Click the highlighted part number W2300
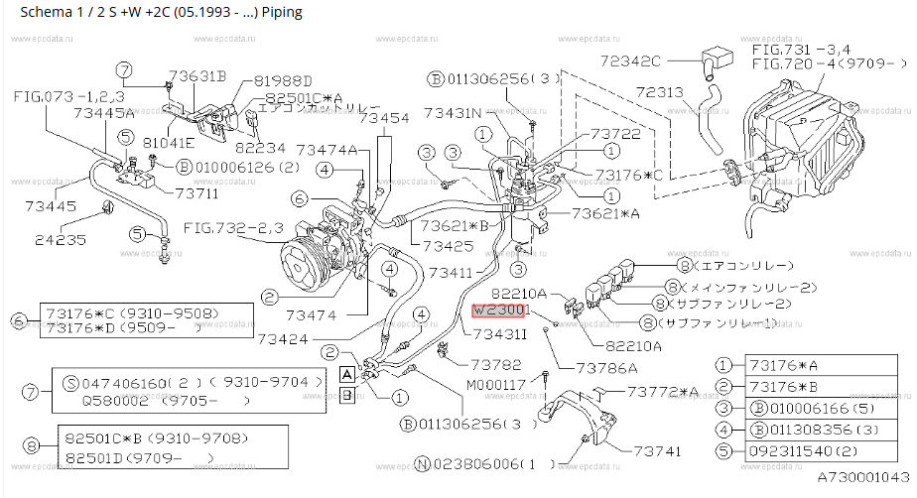pyautogui.click(x=500, y=311)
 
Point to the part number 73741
pyautogui.click(x=651, y=450)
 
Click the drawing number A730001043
pyautogui.click(x=862, y=478)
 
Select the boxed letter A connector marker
pyautogui.click(x=346, y=374)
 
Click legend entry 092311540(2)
pyautogui.click(x=804, y=449)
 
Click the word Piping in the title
pyautogui.click(x=277, y=13)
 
